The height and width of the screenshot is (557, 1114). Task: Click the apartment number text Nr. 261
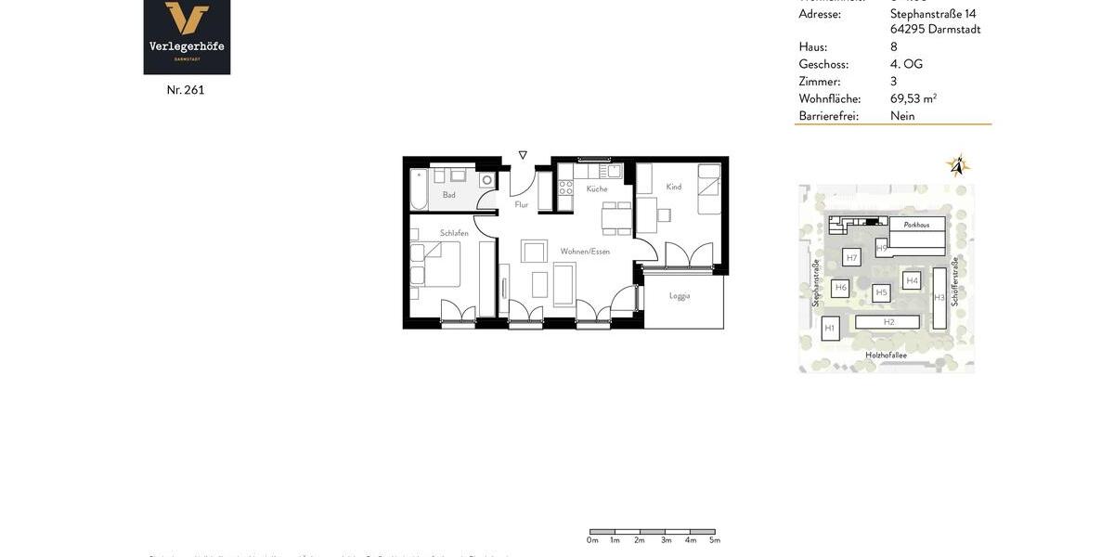186,90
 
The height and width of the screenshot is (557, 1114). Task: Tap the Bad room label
449,195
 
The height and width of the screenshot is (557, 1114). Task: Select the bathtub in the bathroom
419,189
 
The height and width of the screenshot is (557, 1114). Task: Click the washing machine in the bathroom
486,180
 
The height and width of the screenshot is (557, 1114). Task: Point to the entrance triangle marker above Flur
523,155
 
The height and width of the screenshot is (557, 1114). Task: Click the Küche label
597,189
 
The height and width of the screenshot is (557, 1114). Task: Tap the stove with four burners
565,188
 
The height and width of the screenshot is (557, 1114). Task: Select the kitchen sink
613,172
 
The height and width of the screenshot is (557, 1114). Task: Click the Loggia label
680,296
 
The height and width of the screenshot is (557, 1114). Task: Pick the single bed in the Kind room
709,190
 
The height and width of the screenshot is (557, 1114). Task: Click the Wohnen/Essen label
585,252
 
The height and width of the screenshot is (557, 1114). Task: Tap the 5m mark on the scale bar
715,540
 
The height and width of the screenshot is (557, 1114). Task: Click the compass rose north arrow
957,166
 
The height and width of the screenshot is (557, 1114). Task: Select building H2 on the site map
888,322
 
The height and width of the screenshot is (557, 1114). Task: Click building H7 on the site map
851,257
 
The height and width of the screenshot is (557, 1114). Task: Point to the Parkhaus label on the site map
916,225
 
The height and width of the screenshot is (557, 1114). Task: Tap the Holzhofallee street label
886,356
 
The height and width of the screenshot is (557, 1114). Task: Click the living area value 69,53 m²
913,98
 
